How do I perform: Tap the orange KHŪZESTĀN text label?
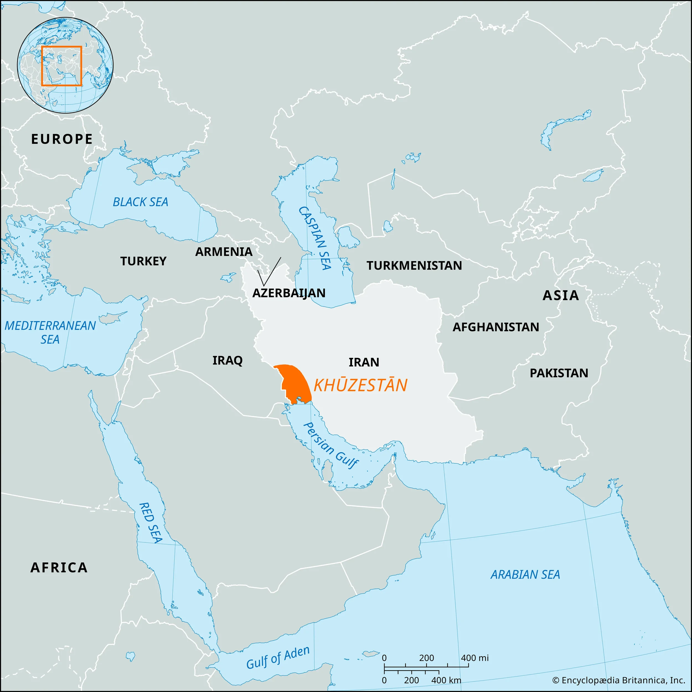[x=360, y=385]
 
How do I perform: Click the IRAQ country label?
[x=228, y=360]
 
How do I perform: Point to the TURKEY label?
[x=143, y=261]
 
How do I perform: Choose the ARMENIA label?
[x=224, y=252]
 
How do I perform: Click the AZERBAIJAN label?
[x=289, y=293]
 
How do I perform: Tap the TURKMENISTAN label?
[x=414, y=265]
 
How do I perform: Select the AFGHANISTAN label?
[x=496, y=327]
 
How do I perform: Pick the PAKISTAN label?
[x=559, y=373]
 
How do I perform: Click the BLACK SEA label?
[x=140, y=202]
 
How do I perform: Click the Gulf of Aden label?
[x=278, y=658]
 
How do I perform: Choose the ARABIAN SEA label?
[x=525, y=575]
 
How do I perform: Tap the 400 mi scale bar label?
[x=475, y=658]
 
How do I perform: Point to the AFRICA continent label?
[x=59, y=567]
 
